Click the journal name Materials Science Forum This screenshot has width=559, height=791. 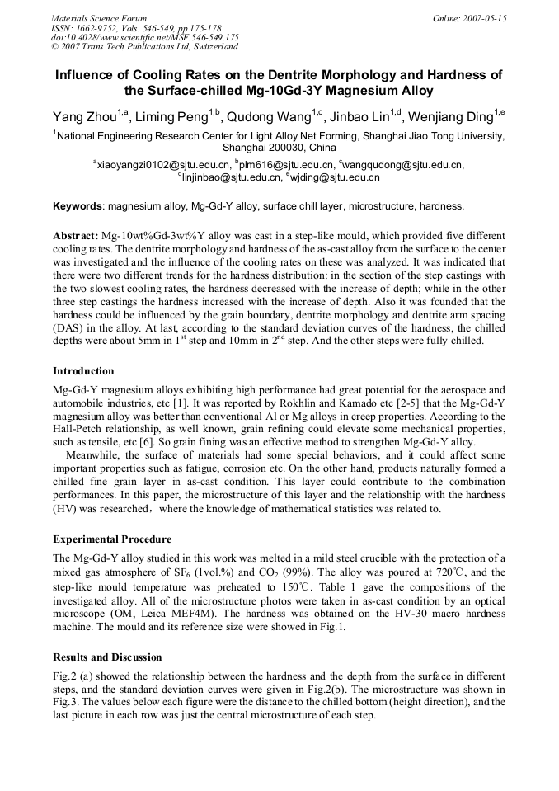99,18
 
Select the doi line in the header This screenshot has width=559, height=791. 145,37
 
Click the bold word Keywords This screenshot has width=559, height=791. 78,206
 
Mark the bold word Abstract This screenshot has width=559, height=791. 75,235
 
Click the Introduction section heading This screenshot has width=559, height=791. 83,371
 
